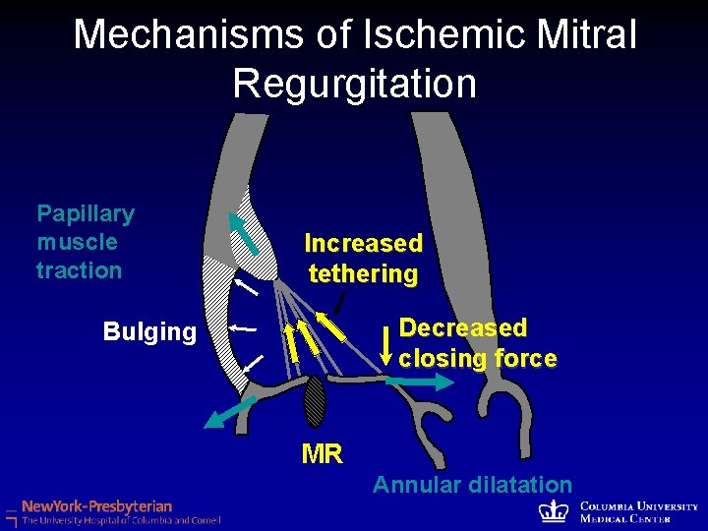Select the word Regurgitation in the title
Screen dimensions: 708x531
point(354,84)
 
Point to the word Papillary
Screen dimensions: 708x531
point(86,213)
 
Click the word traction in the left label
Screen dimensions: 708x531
point(79,270)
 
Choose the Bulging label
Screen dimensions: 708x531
point(149,332)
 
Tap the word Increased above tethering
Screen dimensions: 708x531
point(363,243)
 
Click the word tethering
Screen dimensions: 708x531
point(363,273)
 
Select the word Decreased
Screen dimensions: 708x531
point(462,327)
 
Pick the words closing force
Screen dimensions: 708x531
point(477,358)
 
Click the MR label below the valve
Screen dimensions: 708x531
point(322,454)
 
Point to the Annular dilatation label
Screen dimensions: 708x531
point(472,485)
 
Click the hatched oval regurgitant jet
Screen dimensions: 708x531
point(314,402)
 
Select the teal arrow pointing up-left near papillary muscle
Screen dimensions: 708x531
point(243,235)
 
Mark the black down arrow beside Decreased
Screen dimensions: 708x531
point(386,343)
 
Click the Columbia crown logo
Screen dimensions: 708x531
point(557,510)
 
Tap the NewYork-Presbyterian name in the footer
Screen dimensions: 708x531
point(96,505)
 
